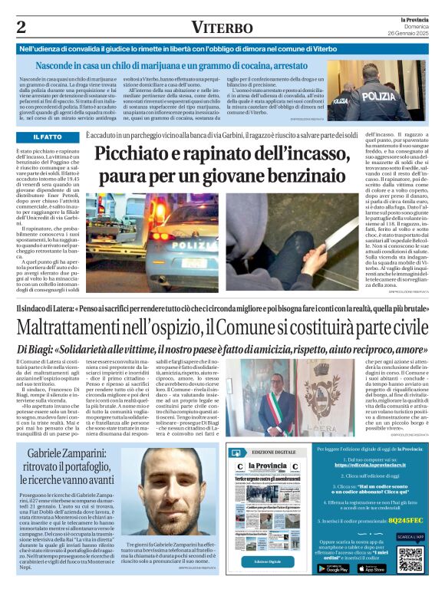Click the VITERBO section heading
click(222, 28)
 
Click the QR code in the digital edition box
click(410, 560)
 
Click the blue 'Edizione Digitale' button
click(268, 562)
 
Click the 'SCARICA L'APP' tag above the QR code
click(410, 537)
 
